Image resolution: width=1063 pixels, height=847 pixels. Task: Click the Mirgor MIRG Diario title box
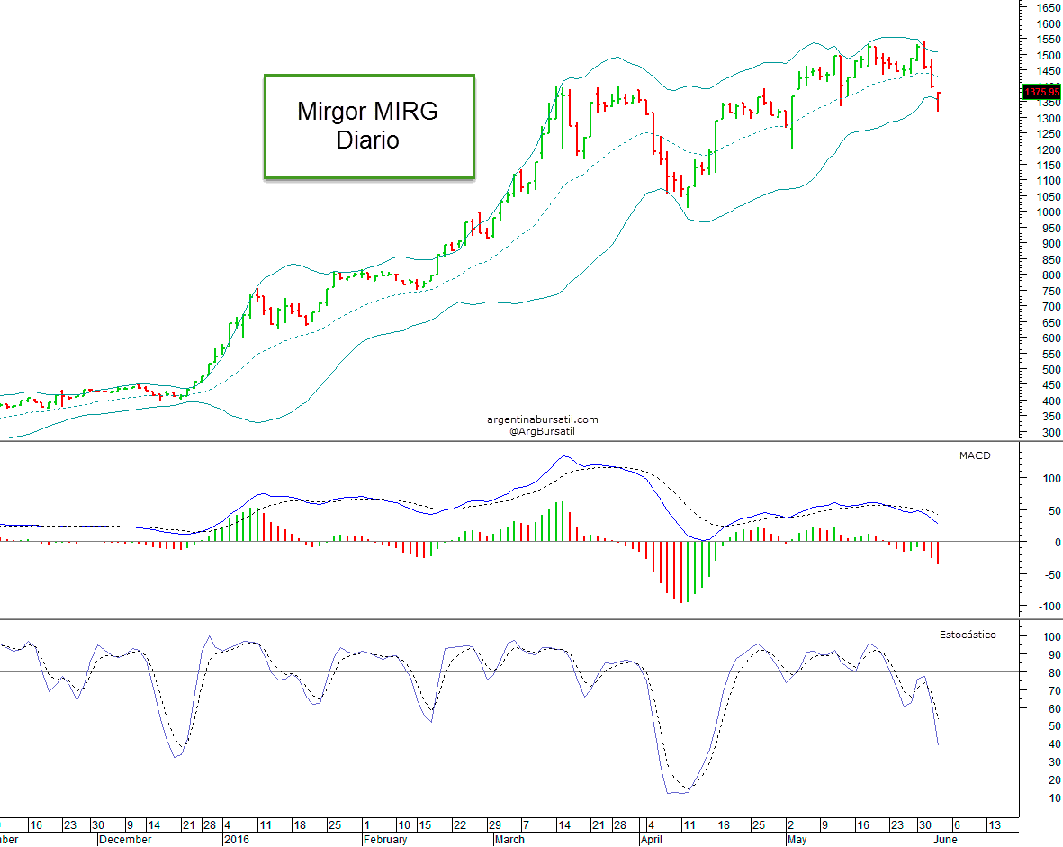coord(369,126)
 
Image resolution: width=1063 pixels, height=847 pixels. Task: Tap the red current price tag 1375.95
coord(1043,91)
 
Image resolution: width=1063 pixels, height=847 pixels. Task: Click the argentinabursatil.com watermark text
coord(542,419)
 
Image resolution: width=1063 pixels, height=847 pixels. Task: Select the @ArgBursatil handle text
coord(542,431)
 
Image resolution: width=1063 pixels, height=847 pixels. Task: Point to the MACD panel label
coord(974,455)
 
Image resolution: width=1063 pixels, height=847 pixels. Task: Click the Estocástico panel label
coord(968,635)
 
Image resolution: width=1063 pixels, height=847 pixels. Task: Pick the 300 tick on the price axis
coord(1043,432)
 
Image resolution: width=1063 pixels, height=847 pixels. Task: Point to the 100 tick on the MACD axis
coord(1043,478)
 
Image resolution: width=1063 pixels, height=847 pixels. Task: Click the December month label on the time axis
coord(124,839)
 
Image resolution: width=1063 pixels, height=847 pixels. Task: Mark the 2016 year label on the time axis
coord(236,839)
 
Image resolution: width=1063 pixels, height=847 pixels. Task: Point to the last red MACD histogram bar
coord(938,553)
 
